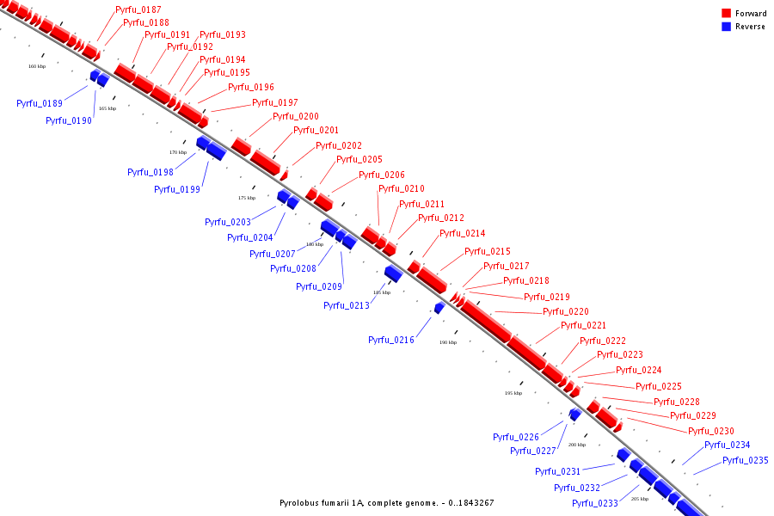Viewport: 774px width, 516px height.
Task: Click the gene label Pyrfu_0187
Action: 138,9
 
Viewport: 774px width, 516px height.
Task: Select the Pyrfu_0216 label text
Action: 391,341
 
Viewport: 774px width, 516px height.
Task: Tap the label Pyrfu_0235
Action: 745,461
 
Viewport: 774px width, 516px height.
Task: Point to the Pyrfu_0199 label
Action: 177,190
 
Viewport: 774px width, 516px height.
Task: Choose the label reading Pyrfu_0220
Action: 566,312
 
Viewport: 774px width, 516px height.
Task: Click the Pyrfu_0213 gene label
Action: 347,306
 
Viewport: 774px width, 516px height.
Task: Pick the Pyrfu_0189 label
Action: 40,104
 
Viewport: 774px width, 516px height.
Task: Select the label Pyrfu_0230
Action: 711,432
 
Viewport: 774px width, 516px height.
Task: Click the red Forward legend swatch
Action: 726,13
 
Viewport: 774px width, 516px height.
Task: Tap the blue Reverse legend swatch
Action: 726,27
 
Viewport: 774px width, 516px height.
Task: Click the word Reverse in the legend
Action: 750,27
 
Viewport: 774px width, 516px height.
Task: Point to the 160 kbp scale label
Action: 37,66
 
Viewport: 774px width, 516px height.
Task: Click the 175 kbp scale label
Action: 247,198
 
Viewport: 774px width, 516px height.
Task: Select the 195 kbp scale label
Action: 513,393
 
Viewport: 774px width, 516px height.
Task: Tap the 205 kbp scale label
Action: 640,499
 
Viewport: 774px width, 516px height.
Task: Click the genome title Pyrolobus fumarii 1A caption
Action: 386,503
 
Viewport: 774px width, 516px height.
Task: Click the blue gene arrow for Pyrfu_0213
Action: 393,273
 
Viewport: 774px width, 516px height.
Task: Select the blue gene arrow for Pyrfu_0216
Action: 439,308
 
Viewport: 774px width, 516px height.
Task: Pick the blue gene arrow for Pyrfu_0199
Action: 215,151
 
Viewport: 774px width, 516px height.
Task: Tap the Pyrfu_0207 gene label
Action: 273,255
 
